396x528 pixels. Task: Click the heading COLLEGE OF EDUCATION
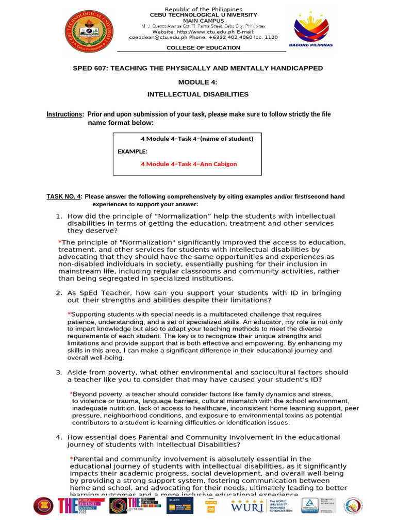203,48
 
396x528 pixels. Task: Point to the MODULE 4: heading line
198,82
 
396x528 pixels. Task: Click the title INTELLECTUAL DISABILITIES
198,94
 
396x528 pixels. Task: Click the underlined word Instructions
64,114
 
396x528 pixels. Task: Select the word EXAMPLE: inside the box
133,152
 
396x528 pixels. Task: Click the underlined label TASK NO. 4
64,196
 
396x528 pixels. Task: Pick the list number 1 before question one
59,216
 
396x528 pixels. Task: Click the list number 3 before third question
59,372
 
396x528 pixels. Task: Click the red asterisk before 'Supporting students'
69,314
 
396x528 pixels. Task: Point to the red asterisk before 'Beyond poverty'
72,394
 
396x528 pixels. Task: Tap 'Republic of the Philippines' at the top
203,9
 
